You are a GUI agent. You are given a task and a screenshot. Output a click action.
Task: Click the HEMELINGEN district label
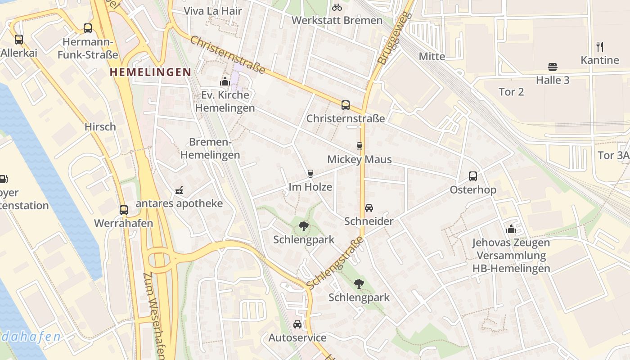click(151, 72)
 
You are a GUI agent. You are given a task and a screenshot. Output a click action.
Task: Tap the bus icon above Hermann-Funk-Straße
click(88, 28)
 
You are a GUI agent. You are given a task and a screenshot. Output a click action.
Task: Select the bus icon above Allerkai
click(18, 40)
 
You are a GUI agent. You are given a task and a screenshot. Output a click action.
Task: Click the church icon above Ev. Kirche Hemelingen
click(225, 81)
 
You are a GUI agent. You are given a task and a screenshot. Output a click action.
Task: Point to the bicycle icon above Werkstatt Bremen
click(337, 7)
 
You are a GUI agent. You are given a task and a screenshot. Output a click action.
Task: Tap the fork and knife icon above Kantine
click(599, 46)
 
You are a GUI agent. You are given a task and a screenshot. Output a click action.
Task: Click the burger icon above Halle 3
click(553, 67)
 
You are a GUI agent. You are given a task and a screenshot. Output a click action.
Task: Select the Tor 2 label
click(511, 92)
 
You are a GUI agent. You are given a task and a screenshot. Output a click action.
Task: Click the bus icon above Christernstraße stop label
click(345, 105)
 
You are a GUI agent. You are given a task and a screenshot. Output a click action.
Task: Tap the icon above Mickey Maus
click(359, 146)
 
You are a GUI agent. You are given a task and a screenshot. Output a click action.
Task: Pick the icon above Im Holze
click(310, 174)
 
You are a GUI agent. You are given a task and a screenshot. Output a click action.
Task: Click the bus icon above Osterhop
click(472, 176)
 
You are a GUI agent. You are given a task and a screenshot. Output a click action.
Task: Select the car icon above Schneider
click(369, 207)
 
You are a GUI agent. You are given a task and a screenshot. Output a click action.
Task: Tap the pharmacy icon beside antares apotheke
click(179, 190)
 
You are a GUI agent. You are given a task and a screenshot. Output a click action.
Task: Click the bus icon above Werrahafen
click(123, 210)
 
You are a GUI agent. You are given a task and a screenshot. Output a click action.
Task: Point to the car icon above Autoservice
click(297, 324)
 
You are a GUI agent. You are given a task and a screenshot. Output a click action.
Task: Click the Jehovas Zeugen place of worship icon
click(511, 229)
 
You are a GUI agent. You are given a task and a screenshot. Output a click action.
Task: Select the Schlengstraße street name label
click(335, 263)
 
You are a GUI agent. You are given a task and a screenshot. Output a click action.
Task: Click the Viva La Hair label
click(213, 11)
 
